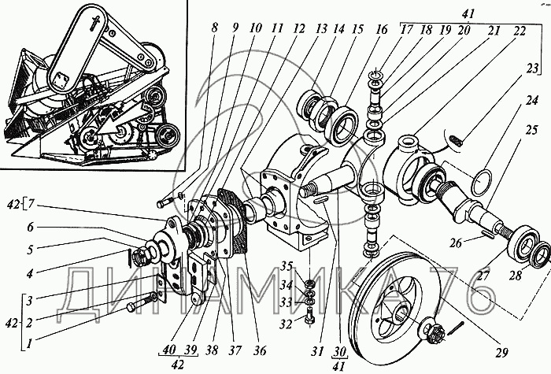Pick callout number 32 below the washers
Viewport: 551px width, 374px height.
point(288,324)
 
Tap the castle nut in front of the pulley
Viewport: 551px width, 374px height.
point(435,325)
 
